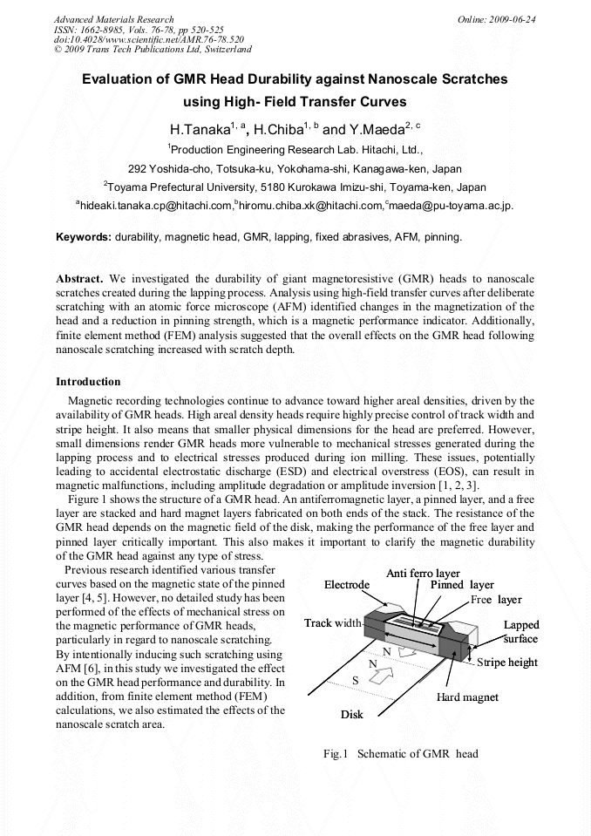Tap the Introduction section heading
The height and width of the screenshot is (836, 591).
[x=88, y=382]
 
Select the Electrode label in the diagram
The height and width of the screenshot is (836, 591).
[x=347, y=585]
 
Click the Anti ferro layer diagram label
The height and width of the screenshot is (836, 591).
[x=423, y=573]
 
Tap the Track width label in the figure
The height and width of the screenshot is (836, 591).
[x=332, y=623]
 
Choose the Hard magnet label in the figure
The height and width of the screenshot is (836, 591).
[x=467, y=697]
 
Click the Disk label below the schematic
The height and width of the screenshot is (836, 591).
[x=351, y=715]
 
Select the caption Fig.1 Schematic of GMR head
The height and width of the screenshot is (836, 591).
[x=400, y=754]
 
